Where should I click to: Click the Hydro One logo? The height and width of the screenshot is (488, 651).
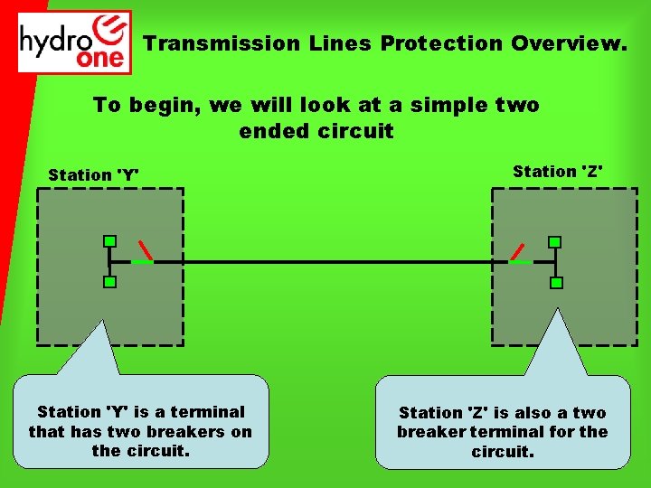75,42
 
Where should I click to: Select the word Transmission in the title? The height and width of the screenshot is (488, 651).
222,43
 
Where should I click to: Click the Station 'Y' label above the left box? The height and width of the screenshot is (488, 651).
94,174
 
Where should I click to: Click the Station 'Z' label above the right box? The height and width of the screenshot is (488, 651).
558,171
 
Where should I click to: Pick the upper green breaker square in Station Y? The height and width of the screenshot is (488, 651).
109,241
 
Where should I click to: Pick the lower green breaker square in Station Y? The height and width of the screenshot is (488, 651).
109,283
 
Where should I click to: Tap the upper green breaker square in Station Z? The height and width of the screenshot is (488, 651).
555,242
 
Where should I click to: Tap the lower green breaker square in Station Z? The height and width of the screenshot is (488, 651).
556,283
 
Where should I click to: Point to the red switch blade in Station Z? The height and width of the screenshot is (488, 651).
517,250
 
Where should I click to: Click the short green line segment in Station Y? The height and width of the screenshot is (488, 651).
142,262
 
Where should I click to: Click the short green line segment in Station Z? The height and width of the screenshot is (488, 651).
521,262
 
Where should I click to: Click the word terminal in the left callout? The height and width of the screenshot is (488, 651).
212,412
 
